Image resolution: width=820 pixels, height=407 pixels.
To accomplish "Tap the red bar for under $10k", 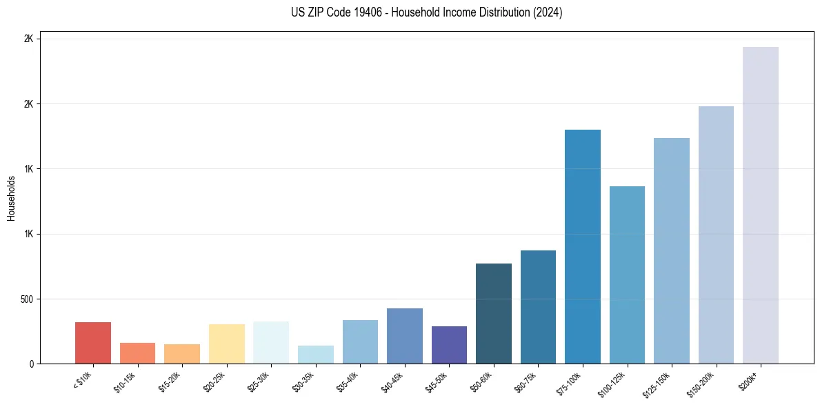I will pos(93,342).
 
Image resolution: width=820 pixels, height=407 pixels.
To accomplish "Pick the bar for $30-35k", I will pos(315,355).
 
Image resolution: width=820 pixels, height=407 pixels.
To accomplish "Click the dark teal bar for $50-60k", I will pos(493,313).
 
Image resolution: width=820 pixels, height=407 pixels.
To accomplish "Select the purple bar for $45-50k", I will pos(449,344).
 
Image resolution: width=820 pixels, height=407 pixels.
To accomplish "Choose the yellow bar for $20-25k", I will pos(226,344).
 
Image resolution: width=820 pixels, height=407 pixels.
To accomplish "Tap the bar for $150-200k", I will pos(716,235).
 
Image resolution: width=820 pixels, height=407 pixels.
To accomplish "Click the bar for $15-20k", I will pos(182,353).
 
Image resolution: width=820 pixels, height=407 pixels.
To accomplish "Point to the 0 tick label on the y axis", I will pos(30,364).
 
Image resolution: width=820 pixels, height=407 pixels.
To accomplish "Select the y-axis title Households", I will pos(11,198).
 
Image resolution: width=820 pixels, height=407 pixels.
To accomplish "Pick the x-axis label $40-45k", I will pos(393,381).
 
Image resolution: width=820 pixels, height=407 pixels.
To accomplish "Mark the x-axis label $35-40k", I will pos(349,381).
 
